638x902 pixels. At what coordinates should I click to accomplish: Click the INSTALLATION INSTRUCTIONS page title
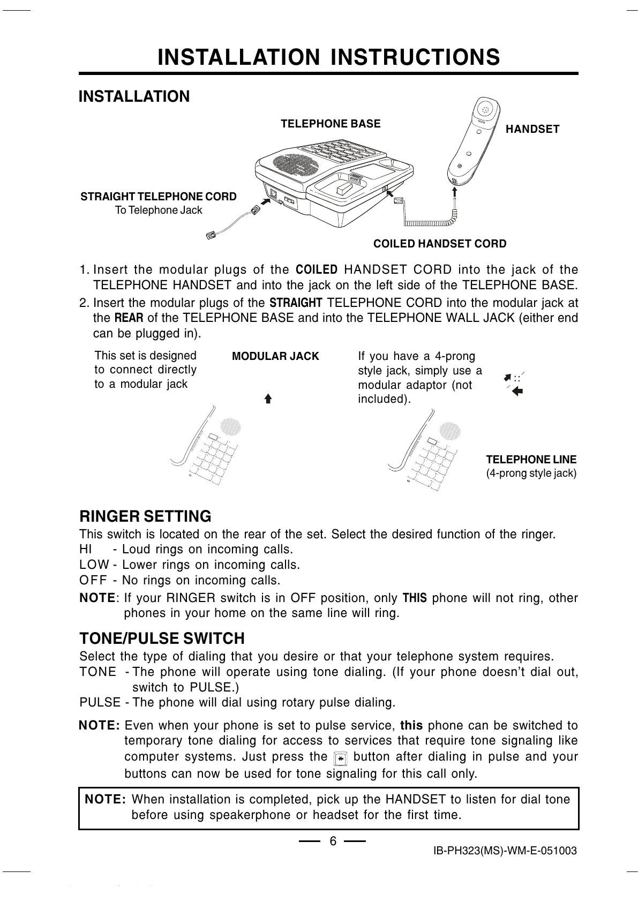coord(328,57)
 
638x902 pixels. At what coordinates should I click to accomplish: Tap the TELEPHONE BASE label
coord(331,124)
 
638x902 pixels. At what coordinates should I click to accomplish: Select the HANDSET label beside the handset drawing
coord(532,129)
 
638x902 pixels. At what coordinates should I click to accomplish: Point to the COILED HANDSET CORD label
coord(439,244)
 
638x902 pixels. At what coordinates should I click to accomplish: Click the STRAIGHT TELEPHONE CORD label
coord(159,197)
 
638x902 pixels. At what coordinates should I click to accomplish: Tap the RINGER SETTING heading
coord(145,516)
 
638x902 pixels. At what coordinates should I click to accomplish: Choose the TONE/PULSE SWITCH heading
coord(162,638)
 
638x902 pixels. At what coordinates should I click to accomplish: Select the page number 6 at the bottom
coord(333,841)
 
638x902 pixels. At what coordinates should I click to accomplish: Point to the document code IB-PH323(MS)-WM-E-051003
coord(505,851)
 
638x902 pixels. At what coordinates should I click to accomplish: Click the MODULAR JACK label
coord(275,356)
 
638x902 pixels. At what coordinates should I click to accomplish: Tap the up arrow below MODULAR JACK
coord(268,399)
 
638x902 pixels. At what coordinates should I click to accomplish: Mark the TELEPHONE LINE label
coord(531,460)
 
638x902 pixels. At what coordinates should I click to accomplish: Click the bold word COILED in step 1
coord(317,269)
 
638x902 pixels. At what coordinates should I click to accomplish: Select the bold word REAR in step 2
coord(129,318)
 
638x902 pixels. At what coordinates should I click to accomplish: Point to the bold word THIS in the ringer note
coord(415,598)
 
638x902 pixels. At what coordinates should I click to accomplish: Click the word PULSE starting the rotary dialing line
coord(100,702)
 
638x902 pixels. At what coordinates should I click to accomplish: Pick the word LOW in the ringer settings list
coord(94,565)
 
